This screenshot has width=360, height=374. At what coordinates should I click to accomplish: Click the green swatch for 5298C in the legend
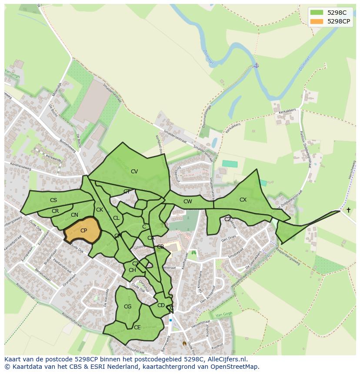pos(317,13)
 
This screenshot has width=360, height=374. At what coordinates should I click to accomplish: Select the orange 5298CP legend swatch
pos(317,21)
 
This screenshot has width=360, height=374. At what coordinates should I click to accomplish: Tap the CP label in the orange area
pos(83,231)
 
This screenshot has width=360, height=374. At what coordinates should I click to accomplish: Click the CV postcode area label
pos(134,172)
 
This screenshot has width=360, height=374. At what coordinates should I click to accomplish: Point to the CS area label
pos(53,200)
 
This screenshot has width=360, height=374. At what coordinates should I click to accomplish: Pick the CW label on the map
pos(187,202)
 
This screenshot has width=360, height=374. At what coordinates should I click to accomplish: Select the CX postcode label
pos(243,200)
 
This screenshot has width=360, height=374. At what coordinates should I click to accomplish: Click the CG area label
pos(127,307)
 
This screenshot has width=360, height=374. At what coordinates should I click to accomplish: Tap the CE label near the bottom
pos(137,328)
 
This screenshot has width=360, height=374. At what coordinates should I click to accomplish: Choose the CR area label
pos(55,211)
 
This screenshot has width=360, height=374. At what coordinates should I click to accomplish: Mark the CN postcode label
pos(74,215)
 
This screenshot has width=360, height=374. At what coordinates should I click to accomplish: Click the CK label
pos(100,210)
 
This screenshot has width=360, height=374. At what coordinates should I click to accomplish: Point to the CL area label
pos(116,218)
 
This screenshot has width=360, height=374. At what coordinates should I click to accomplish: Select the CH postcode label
pos(132,270)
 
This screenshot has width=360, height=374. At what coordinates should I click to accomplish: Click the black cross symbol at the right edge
pos(348,210)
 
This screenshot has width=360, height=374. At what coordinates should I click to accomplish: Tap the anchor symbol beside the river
pos(256,65)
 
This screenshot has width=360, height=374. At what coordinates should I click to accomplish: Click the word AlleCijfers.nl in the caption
pos(223,359)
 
